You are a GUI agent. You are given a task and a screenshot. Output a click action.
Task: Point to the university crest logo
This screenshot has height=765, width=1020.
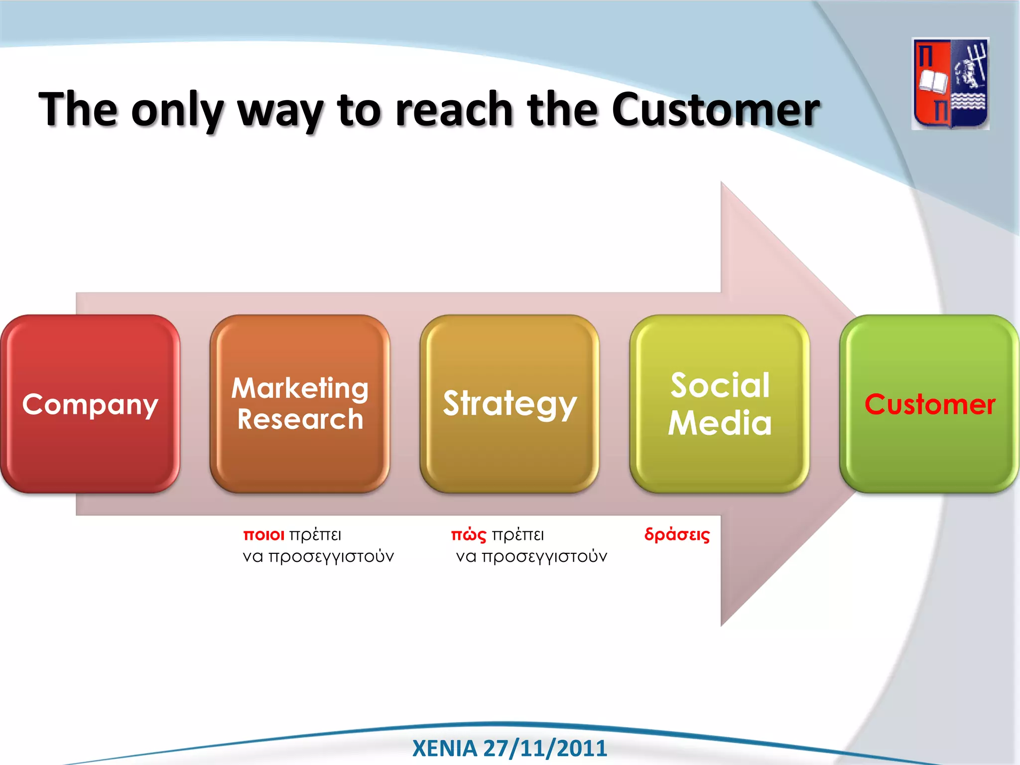[x=950, y=84]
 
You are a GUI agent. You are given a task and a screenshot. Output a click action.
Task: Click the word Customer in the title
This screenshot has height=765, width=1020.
[x=715, y=110]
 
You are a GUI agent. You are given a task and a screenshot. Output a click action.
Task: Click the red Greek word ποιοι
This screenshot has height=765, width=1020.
[x=263, y=535]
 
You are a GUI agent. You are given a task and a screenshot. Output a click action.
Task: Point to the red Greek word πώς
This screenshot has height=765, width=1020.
[x=468, y=535]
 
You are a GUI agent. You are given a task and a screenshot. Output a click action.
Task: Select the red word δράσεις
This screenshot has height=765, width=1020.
[x=677, y=535]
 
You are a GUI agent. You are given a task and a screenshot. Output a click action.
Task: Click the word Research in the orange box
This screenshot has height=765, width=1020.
[x=300, y=419]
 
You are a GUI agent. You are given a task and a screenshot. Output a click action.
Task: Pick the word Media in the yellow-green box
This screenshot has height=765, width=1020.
[x=719, y=423]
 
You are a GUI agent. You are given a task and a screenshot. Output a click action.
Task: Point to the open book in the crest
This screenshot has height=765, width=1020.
[x=933, y=82]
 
